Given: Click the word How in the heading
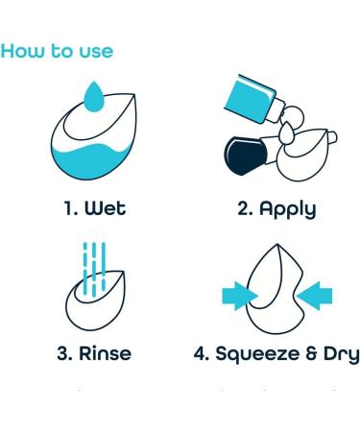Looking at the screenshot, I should (x=24, y=50).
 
